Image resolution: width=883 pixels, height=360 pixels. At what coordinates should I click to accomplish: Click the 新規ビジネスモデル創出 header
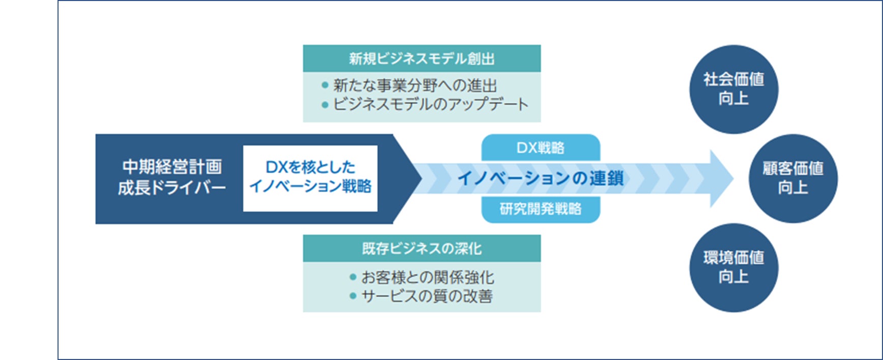(421, 59)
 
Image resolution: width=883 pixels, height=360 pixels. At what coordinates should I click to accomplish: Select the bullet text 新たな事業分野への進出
(415, 86)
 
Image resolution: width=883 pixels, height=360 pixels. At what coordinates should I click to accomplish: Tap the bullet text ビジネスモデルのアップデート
(431, 104)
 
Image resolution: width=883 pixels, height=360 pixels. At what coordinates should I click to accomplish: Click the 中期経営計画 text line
(172, 167)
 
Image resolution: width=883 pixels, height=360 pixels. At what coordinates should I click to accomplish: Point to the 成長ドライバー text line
(172, 188)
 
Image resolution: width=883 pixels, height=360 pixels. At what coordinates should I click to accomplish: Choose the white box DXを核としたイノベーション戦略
(310, 178)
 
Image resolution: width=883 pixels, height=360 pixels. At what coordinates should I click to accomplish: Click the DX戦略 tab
(540, 148)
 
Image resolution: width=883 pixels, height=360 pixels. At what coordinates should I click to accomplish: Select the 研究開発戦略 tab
(540, 209)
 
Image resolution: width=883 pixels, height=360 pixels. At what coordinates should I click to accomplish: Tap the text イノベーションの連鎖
(540, 178)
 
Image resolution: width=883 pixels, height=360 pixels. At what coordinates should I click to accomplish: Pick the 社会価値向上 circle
(733, 89)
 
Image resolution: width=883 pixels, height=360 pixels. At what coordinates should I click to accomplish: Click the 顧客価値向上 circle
(792, 178)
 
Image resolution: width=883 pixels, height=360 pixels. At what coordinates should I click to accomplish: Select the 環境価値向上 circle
(733, 267)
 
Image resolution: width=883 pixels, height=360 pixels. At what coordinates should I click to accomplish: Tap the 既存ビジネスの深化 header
(421, 248)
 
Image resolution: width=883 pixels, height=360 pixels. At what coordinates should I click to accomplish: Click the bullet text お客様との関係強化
(428, 278)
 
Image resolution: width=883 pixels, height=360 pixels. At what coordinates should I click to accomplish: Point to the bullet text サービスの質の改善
(427, 296)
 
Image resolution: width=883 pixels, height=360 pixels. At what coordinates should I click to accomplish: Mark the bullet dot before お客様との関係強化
(353, 278)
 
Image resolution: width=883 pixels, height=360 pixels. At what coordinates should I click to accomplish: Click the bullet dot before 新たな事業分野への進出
(325, 86)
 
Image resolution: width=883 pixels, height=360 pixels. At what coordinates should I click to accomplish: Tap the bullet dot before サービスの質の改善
(353, 296)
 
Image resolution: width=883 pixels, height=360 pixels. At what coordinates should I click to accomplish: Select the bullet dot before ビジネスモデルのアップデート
(325, 105)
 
